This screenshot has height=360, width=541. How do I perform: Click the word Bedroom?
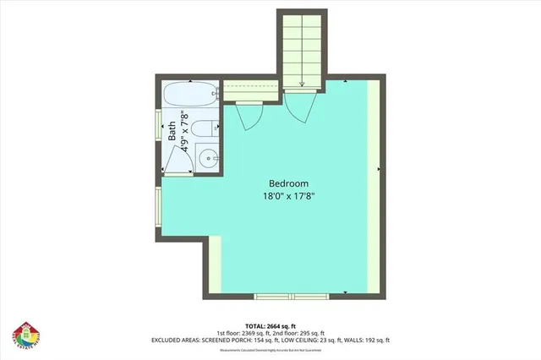click(x=288, y=183)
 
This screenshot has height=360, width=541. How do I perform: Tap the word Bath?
click(x=172, y=131)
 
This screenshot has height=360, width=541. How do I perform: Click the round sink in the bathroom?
click(x=207, y=156)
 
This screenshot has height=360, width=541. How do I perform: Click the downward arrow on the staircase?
click(x=302, y=82)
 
